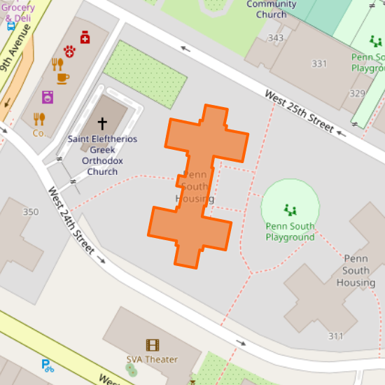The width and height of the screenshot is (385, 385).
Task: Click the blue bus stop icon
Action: (11, 26)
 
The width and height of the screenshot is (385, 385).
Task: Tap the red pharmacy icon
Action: (85, 37)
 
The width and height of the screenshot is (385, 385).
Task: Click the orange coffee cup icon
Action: (63, 78)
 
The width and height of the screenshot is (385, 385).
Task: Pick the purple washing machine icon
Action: (48, 97)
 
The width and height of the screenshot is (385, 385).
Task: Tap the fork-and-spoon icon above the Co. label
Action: (39, 119)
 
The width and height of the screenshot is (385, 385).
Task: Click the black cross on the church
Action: (102, 124)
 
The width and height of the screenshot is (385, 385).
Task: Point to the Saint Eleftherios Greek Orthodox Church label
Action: (102, 155)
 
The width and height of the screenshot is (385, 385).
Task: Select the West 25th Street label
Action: (299, 111)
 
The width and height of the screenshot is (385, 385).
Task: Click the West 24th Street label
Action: (71, 220)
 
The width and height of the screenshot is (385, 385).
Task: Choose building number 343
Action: (275, 38)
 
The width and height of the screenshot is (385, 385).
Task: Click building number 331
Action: (319, 64)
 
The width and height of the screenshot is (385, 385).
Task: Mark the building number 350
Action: (31, 212)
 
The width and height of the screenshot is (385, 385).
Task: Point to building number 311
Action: (336, 336)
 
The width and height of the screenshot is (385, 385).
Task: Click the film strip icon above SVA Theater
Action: (152, 344)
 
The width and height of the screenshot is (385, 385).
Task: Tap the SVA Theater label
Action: (152, 360)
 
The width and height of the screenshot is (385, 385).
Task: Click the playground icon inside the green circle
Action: (290, 209)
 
